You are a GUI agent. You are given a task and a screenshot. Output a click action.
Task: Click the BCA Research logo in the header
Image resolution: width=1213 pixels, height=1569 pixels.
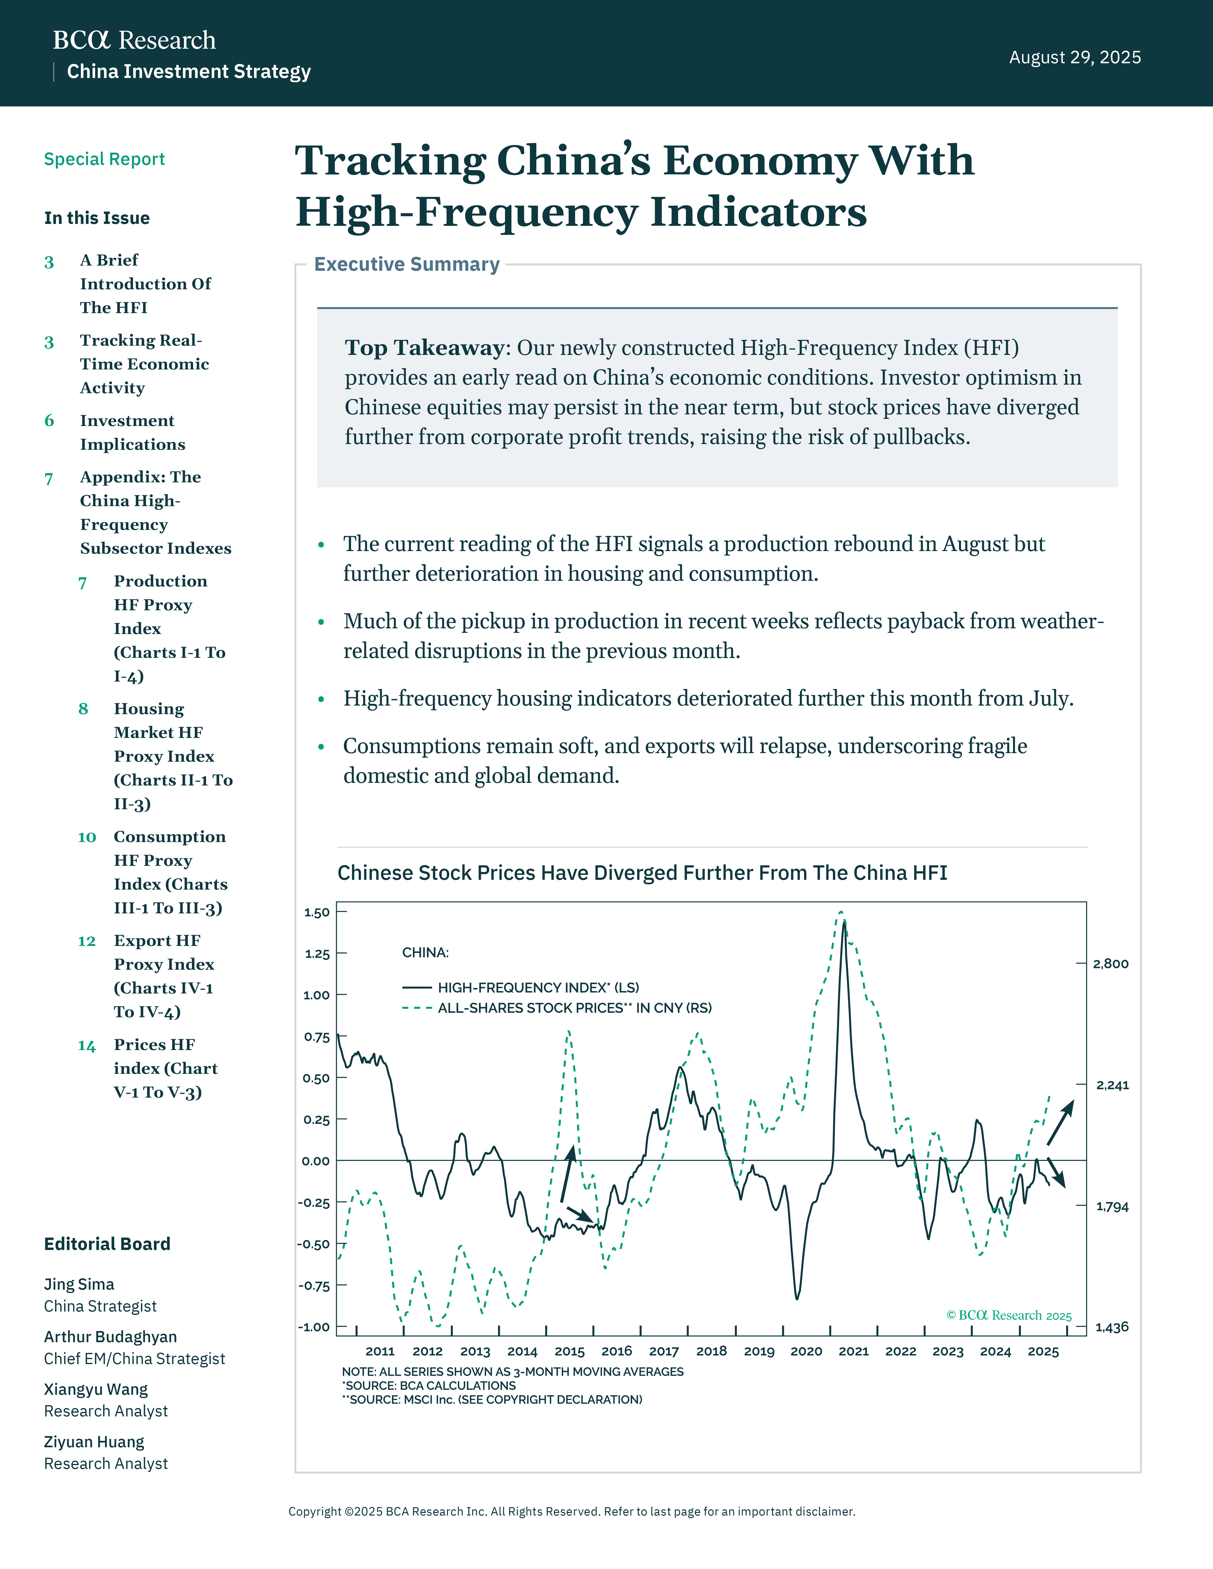tap(134, 40)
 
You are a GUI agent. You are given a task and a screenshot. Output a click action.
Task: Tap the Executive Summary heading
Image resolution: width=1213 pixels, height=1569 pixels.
tap(407, 264)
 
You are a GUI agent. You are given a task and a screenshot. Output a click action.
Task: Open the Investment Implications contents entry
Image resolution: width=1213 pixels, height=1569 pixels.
tap(132, 432)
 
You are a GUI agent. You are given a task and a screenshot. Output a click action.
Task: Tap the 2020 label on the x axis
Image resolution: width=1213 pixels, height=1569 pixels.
tap(806, 1351)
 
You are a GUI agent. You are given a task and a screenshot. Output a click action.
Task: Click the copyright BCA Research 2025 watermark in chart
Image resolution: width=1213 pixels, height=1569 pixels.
tap(1009, 1315)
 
